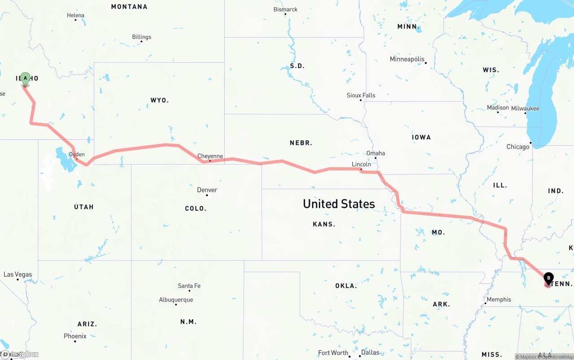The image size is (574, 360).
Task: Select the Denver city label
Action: [207, 190]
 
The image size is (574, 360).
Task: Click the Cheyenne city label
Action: [210, 156]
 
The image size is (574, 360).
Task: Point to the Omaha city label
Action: [376, 153]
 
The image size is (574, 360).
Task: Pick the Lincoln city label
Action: [361, 165]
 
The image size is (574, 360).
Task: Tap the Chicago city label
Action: [518, 147]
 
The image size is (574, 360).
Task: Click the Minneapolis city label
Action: [407, 59]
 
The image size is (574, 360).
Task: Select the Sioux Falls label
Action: [361, 95]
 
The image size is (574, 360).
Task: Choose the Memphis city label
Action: [499, 299]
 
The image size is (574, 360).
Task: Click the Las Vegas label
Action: [18, 274]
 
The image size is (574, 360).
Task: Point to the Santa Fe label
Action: [189, 286]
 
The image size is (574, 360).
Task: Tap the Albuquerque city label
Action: [176, 300]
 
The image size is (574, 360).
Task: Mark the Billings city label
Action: [142, 37]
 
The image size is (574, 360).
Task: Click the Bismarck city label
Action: [286, 9]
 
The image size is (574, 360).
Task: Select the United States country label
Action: [339, 204]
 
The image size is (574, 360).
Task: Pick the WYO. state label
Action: [160, 100]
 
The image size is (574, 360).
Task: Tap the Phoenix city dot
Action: [75, 342]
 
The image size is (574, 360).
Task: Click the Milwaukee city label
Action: [525, 108]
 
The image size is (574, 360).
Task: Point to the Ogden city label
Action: [77, 155]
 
